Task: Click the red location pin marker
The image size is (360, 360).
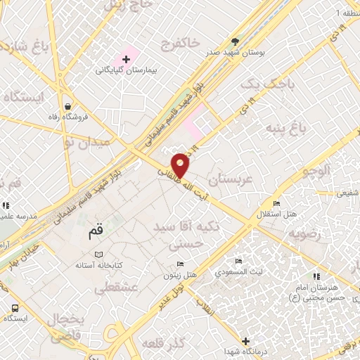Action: (x=181, y=165)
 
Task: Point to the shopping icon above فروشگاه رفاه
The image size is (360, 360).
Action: (x=66, y=106)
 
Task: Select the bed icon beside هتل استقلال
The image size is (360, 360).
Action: (x=276, y=203)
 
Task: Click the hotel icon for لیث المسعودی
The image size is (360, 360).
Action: (x=239, y=261)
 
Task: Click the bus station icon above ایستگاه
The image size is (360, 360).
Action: (x=15, y=307)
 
